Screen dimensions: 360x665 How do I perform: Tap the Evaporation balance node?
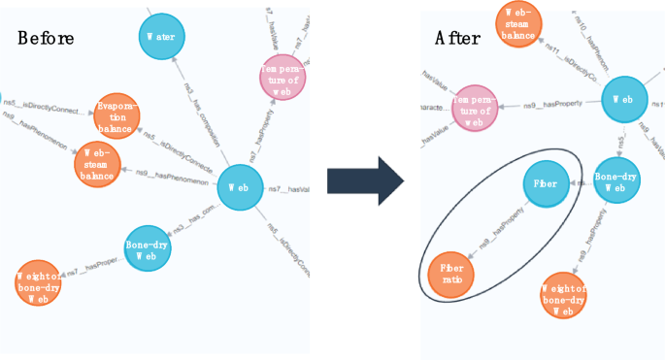point(117,116)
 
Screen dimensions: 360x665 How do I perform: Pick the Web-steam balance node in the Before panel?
point(97,164)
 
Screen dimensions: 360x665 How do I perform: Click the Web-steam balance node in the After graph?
point(517,23)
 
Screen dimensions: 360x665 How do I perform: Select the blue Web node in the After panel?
point(624,100)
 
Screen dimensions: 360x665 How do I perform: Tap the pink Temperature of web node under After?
point(473,105)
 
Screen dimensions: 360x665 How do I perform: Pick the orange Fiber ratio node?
point(451,273)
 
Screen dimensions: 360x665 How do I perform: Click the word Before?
point(46,38)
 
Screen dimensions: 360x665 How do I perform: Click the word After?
point(455,39)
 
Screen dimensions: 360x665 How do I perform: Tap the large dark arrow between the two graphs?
point(364,180)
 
